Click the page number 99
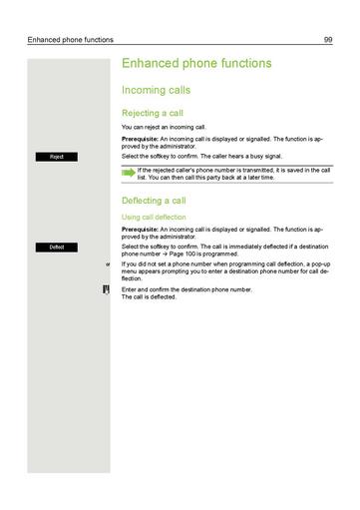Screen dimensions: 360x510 coord(328,40)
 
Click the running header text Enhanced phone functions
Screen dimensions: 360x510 coord(71,40)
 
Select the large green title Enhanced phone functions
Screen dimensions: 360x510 coord(195,63)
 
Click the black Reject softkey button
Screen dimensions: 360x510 coord(57,157)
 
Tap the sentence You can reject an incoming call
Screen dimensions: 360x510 coord(164,128)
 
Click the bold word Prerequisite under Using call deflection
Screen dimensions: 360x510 coord(138,229)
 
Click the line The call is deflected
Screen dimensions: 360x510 coord(149,296)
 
